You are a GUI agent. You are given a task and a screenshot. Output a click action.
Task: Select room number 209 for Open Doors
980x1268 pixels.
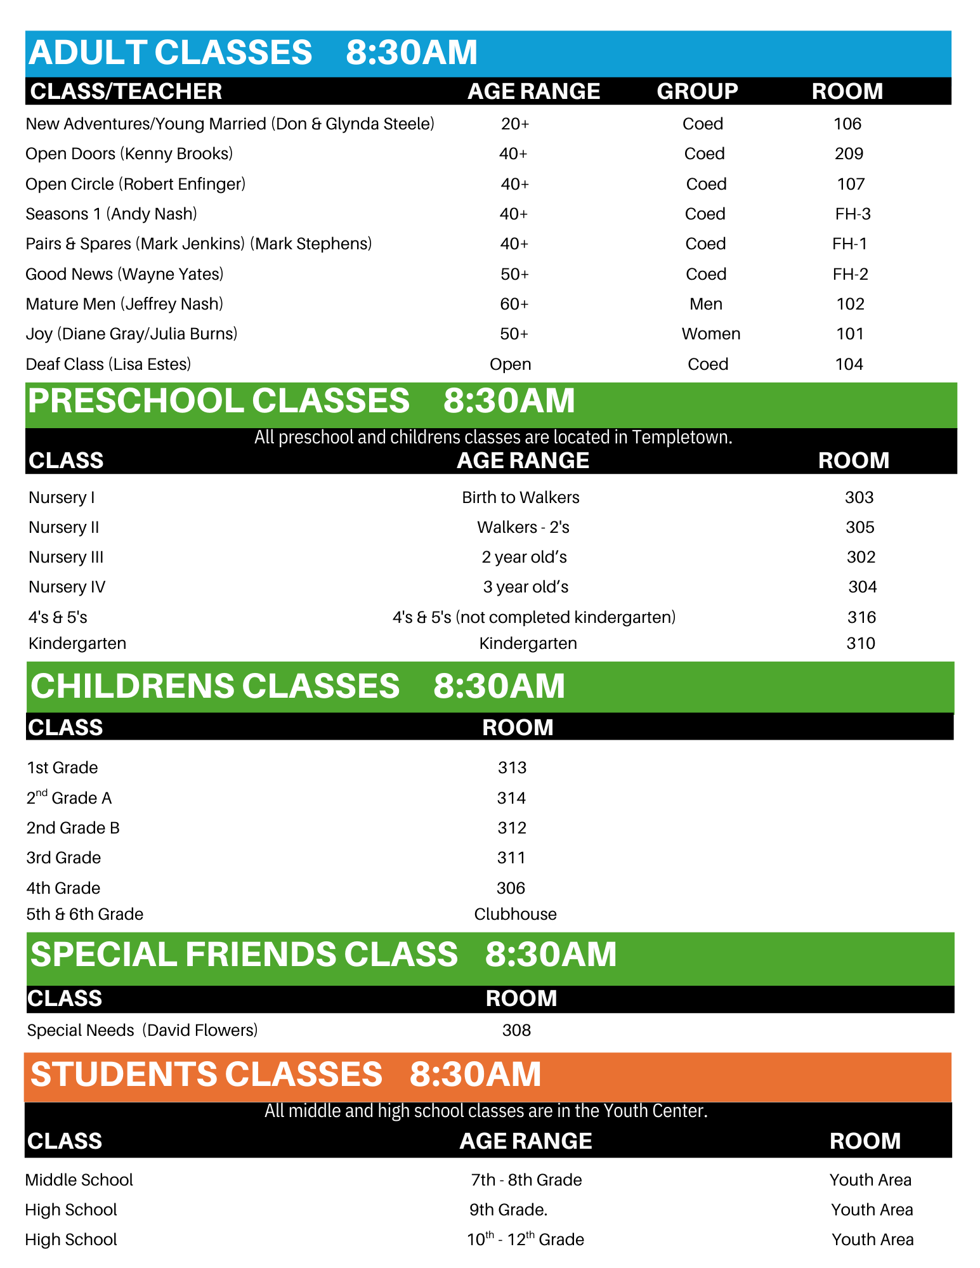pyautogui.click(x=849, y=154)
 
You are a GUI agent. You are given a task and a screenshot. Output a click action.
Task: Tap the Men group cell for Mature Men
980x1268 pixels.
pyautogui.click(x=705, y=304)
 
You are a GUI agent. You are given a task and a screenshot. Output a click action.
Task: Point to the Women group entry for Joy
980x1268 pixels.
pyautogui.click(x=710, y=334)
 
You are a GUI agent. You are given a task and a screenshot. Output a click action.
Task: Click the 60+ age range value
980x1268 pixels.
pyautogui.click(x=514, y=304)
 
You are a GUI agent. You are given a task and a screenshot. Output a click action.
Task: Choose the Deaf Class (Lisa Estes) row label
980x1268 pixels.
pyautogui.click(x=108, y=365)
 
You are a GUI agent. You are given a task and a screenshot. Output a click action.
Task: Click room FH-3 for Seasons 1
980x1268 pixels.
pyautogui.click(x=853, y=214)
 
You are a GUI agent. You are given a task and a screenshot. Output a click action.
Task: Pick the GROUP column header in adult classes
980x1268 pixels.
pyautogui.click(x=697, y=91)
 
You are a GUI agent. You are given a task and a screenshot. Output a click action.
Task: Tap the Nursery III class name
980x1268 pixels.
pyautogui.click(x=66, y=558)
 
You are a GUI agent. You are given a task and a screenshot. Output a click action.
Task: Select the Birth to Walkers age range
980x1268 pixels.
pyautogui.click(x=520, y=498)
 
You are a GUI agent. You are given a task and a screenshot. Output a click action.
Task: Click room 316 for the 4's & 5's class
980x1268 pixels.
pyautogui.click(x=861, y=617)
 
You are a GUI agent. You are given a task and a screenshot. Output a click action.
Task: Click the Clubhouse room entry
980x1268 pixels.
pyautogui.click(x=515, y=915)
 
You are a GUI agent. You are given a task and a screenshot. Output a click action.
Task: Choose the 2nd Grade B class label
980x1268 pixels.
pyautogui.click(x=73, y=828)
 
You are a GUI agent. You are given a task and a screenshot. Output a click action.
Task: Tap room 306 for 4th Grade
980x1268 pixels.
pyautogui.click(x=511, y=888)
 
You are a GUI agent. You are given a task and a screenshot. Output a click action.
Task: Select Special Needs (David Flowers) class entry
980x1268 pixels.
pyautogui.click(x=142, y=1030)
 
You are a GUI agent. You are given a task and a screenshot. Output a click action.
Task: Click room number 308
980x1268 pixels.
pyautogui.click(x=516, y=1030)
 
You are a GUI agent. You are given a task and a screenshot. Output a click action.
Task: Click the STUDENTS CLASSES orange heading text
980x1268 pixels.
pyautogui.click(x=206, y=1075)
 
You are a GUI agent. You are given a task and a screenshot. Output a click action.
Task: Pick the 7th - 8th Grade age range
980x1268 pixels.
pyautogui.click(x=526, y=1180)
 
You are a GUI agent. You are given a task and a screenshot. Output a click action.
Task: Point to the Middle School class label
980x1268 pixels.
pyautogui.click(x=79, y=1180)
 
